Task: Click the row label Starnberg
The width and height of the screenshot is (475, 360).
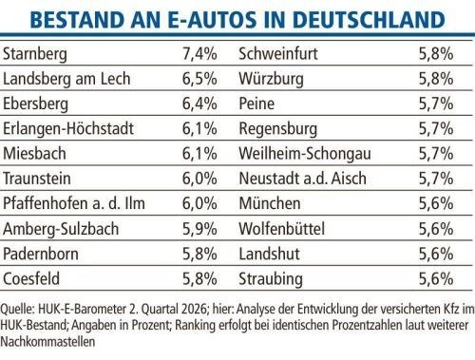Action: tap(35, 54)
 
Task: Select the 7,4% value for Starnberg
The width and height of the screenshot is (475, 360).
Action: tap(199, 53)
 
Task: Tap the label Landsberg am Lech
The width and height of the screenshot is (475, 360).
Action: tap(66, 79)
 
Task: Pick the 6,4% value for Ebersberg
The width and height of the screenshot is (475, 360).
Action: tap(199, 104)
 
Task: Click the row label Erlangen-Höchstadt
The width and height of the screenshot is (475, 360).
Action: tap(68, 128)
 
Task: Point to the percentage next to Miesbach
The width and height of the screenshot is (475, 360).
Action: tap(199, 154)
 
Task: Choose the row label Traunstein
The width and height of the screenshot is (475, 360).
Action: tap(37, 179)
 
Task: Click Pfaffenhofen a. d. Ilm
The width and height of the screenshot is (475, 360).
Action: tap(74, 203)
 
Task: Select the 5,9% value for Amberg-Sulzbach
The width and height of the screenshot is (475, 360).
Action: tap(199, 229)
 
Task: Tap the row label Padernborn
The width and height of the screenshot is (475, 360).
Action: tap(41, 254)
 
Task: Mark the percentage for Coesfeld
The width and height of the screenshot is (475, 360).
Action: tap(199, 278)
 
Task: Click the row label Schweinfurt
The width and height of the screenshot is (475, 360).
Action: tap(278, 53)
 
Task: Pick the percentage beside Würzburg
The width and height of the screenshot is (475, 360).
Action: tap(436, 79)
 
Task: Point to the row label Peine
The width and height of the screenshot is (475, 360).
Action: tap(256, 104)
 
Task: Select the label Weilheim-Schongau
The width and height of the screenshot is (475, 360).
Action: tap(305, 154)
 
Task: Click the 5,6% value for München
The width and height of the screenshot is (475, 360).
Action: tap(436, 203)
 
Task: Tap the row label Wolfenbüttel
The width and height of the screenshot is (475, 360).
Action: tap(282, 229)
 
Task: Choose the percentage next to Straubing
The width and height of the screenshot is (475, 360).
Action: tap(436, 278)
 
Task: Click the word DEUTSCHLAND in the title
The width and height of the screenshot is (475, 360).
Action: tap(369, 20)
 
